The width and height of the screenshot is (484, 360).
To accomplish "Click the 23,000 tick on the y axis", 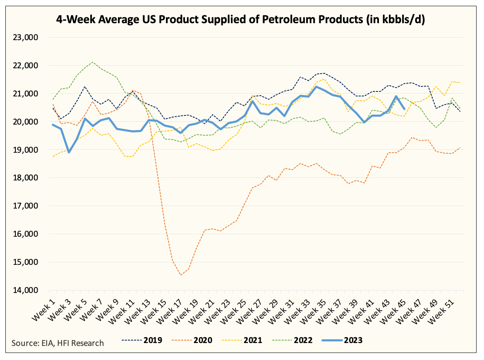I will (x=26, y=37).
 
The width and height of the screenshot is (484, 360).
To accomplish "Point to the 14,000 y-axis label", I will (x=26, y=290).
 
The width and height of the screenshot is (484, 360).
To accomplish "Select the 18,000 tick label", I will (x=26, y=178).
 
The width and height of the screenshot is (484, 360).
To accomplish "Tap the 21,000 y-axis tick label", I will (x=26, y=94).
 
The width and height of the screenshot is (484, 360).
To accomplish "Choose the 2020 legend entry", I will (x=192, y=340).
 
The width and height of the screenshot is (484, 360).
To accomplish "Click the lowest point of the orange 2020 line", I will (x=180, y=275).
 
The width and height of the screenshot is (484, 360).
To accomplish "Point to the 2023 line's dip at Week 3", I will (x=69, y=152).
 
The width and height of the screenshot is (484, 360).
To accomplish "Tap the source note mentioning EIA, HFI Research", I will (x=58, y=343).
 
